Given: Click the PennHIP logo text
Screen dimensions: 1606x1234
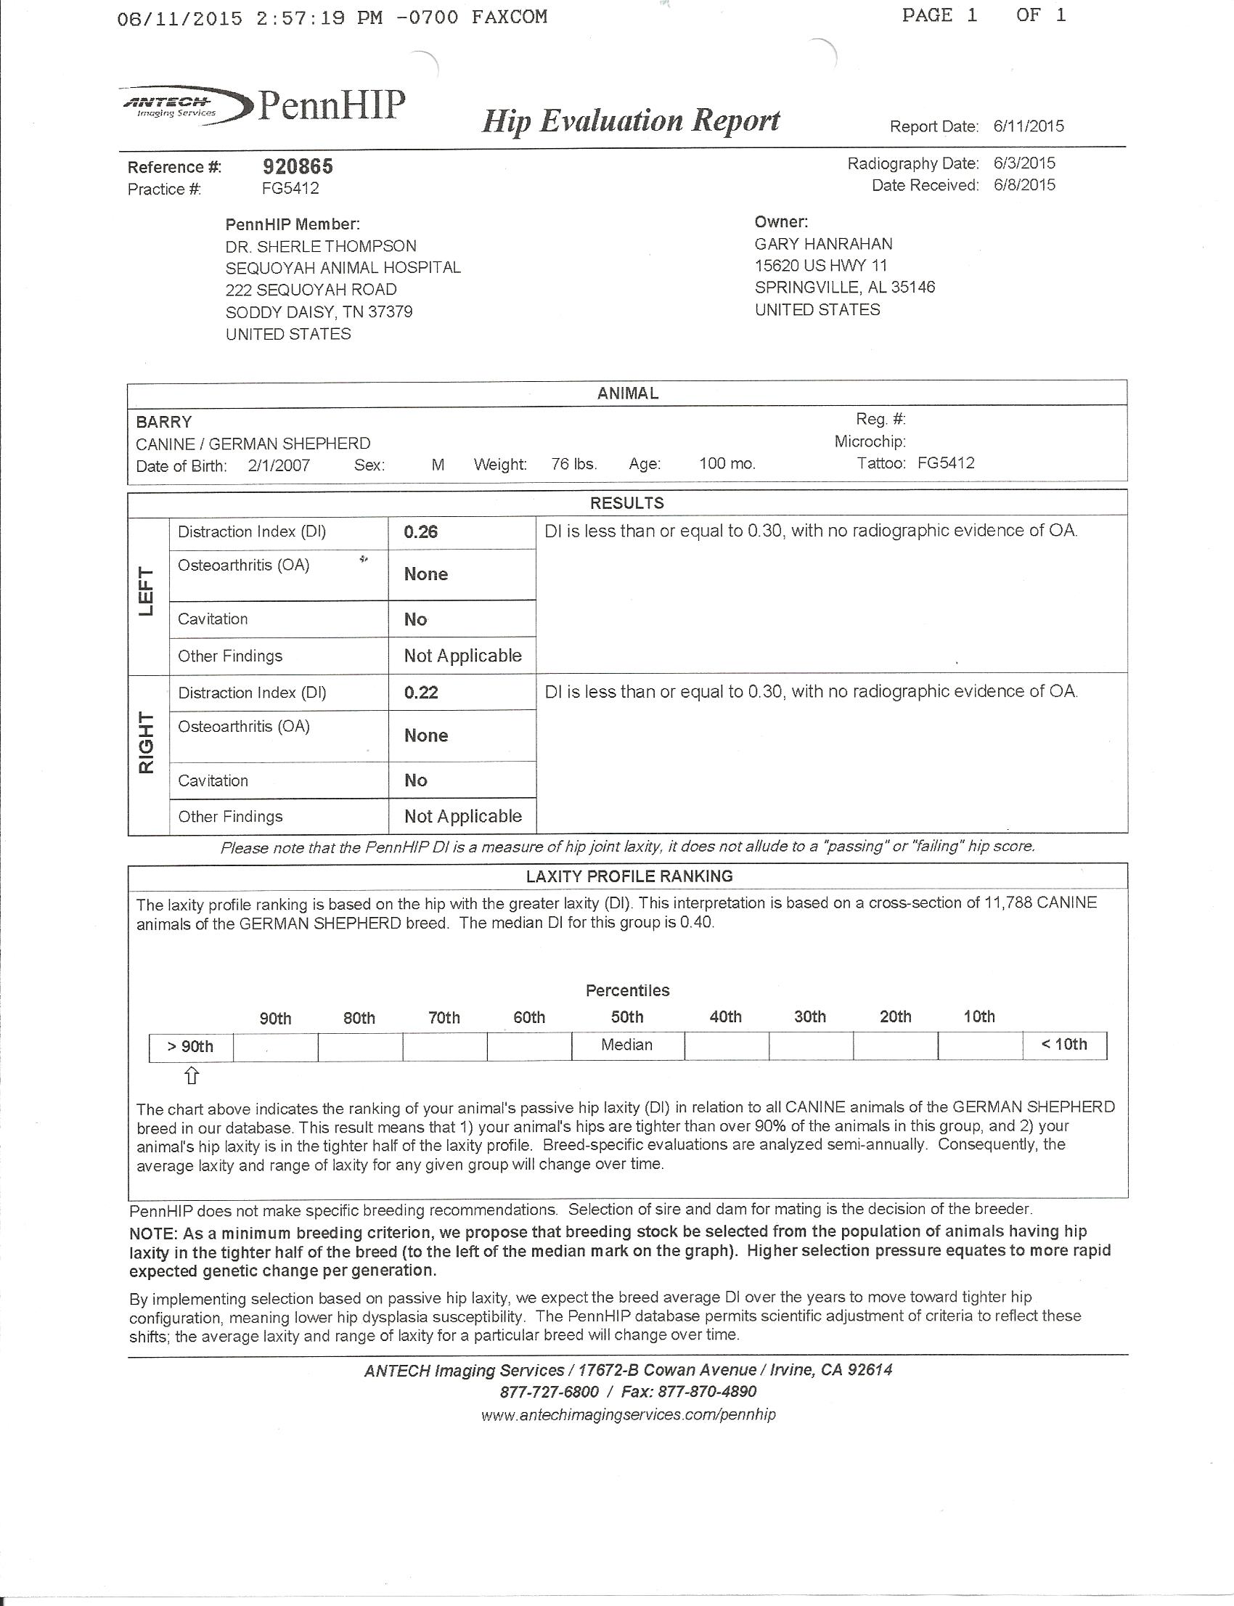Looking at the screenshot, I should pyautogui.click(x=330, y=107).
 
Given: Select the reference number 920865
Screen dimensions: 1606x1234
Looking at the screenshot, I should pyautogui.click(x=298, y=167).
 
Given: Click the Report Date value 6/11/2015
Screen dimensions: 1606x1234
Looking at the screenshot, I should pyautogui.click(x=1029, y=126).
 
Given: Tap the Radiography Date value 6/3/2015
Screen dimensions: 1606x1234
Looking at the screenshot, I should pyautogui.click(x=1024, y=163).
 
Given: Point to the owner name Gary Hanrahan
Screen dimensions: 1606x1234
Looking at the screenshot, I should pyautogui.click(x=823, y=244).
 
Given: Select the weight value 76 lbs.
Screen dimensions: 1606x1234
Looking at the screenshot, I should pyautogui.click(x=573, y=465).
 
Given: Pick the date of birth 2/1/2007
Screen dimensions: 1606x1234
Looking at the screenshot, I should pyautogui.click(x=279, y=466).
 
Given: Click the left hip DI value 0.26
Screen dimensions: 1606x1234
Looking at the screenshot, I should pyautogui.click(x=421, y=532).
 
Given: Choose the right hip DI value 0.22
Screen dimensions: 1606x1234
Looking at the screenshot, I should pyautogui.click(x=421, y=693).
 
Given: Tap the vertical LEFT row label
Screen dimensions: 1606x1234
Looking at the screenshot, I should pyautogui.click(x=147, y=592).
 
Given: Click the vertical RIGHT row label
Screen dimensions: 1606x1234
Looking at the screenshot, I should pyautogui.click(x=147, y=743).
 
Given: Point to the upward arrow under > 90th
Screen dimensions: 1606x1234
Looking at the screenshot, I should pyautogui.click(x=191, y=1076).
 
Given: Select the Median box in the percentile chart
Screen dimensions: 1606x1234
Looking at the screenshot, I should pyautogui.click(x=627, y=1045).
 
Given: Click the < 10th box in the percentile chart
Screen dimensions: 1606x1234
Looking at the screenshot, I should pyautogui.click(x=1064, y=1045).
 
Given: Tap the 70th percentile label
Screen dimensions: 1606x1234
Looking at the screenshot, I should pyautogui.click(x=444, y=1017).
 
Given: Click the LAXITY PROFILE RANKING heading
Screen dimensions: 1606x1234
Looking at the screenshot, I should pyautogui.click(x=629, y=876).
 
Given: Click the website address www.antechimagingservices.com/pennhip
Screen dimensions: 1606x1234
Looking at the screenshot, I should pyautogui.click(x=629, y=1414).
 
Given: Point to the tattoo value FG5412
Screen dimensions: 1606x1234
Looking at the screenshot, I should pyautogui.click(x=946, y=462).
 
